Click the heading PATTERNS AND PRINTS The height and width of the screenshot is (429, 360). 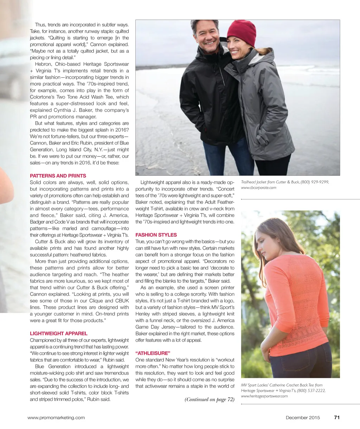[58, 176]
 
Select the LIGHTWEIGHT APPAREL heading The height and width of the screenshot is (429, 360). [59, 333]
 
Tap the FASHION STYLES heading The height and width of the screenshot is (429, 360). [156, 235]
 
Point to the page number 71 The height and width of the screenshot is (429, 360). [337, 418]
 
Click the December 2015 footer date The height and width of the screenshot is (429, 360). [303, 418]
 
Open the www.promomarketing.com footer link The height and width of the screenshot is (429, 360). [56, 418]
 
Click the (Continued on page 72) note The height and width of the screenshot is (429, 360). [210, 399]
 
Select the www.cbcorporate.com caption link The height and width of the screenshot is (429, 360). [258, 188]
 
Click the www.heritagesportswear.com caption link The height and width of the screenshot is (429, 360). [264, 396]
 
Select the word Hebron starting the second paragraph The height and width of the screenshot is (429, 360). [43, 64]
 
